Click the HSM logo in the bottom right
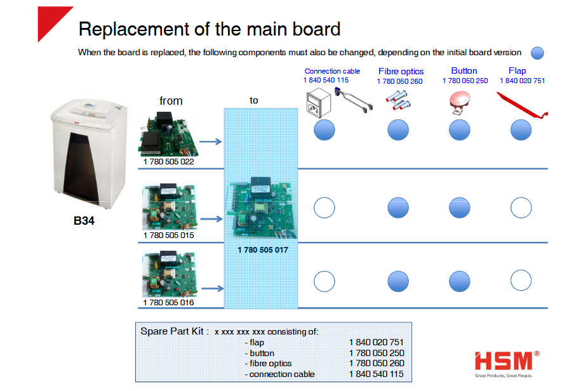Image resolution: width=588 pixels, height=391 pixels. tap(507, 364)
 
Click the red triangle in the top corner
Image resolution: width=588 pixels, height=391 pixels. tap(51, 20)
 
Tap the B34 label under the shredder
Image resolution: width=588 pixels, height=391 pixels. tap(84, 221)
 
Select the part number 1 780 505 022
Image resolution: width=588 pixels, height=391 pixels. tap(169, 162)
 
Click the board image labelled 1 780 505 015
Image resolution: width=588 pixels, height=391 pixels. tap(170, 206)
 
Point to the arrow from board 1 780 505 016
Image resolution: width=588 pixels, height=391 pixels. tap(213, 288)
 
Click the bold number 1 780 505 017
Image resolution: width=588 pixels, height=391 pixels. tap(263, 249)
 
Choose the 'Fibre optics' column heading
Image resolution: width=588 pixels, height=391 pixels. tap(401, 71)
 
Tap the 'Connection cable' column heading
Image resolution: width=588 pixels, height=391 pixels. tap(332, 71)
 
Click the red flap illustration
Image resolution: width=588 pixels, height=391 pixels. tap(521, 106)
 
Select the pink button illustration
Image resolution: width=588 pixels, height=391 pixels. tap(459, 102)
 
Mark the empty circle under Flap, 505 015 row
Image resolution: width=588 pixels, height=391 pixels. tap(521, 208)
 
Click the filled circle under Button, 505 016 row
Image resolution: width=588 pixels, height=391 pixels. tap(459, 281)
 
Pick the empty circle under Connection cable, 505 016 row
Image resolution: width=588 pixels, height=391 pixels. tap(324, 281)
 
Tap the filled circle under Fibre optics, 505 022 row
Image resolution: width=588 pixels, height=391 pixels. tap(398, 130)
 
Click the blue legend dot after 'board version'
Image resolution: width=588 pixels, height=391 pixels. tap(537, 53)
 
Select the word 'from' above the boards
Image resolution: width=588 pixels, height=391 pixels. tap(171, 101)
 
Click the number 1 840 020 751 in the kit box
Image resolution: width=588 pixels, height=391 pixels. tap(376, 342)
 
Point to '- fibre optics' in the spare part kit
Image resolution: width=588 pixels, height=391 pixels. tap(268, 364)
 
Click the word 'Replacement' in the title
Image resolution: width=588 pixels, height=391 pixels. tap(134, 29)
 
